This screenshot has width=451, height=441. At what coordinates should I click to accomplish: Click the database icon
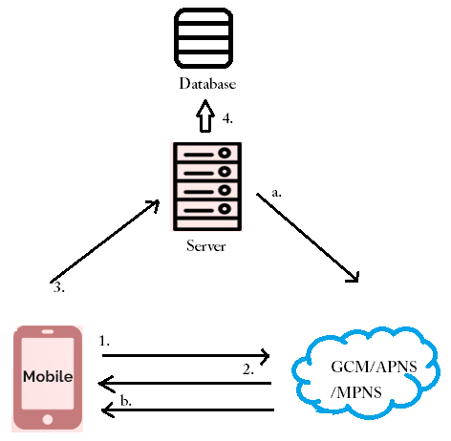[204, 38]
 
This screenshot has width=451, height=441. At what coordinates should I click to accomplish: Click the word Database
[207, 84]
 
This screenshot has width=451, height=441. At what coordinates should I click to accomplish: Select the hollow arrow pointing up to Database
[205, 116]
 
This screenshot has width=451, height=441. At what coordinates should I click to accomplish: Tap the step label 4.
[227, 118]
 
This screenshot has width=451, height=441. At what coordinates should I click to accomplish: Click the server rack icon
[207, 186]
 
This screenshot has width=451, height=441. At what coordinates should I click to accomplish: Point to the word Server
[206, 246]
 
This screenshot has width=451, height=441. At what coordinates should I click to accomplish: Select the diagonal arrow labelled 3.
[105, 241]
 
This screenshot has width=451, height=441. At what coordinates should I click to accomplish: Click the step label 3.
[59, 287]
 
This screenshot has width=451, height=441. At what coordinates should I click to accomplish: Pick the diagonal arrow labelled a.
[308, 238]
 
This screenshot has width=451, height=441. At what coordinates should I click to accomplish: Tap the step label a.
[277, 193]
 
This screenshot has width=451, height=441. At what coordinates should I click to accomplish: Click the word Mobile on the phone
[48, 377]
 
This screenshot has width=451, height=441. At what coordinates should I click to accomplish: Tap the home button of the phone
[48, 419]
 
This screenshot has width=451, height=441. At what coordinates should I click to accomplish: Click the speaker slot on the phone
[48, 332]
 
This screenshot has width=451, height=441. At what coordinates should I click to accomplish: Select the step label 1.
[104, 341]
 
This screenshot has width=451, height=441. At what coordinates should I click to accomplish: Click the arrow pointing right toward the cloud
[186, 355]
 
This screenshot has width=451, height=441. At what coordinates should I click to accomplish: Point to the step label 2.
[248, 369]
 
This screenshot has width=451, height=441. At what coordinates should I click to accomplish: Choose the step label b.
[126, 401]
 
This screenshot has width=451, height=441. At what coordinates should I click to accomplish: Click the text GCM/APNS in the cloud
[374, 367]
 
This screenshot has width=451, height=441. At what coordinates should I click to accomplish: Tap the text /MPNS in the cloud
[356, 392]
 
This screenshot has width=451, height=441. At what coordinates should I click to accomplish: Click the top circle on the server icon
[225, 153]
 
